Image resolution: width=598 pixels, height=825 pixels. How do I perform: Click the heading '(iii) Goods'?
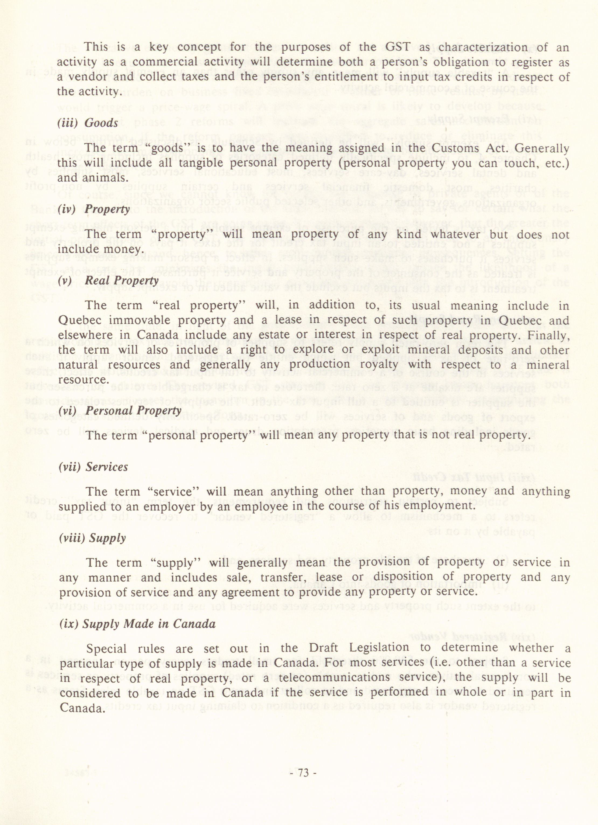pyautogui.click(x=88, y=123)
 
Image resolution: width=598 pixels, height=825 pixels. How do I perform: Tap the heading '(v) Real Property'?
pyautogui.click(x=108, y=280)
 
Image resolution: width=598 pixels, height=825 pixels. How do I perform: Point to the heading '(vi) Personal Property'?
pyautogui.click(x=120, y=411)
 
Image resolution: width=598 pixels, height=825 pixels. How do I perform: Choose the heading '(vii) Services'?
pyautogui.click(x=93, y=467)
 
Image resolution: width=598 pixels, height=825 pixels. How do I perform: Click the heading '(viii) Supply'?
pyautogui.click(x=92, y=538)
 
